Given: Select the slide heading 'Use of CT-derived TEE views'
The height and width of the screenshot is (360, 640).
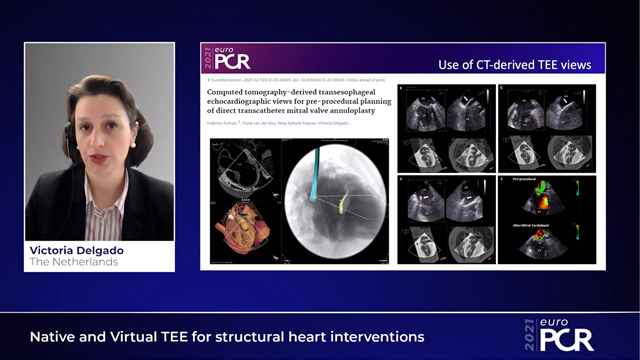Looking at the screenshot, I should coord(515,65).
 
